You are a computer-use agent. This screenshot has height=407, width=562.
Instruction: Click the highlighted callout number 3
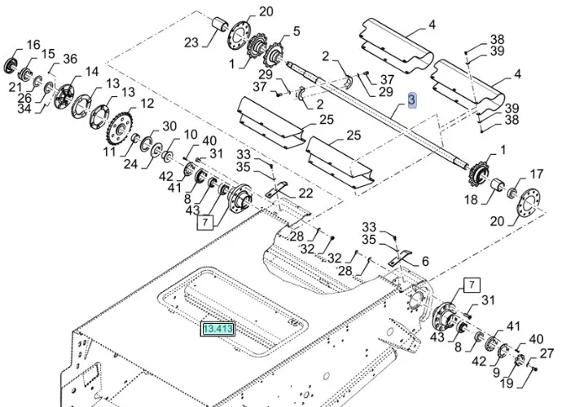click(412, 100)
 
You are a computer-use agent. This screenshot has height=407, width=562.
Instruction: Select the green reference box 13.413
click(218, 330)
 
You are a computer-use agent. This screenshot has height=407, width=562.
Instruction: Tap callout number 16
click(33, 44)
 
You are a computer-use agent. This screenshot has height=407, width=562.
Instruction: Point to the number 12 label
click(147, 104)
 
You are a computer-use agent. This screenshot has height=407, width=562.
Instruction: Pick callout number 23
click(191, 43)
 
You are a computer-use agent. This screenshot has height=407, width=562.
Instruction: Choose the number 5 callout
click(296, 32)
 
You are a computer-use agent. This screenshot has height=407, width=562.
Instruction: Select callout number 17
click(536, 174)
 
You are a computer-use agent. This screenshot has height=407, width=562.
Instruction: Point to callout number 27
click(547, 353)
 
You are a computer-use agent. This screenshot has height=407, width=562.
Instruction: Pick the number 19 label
click(507, 383)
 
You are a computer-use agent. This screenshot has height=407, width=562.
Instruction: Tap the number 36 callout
click(70, 59)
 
